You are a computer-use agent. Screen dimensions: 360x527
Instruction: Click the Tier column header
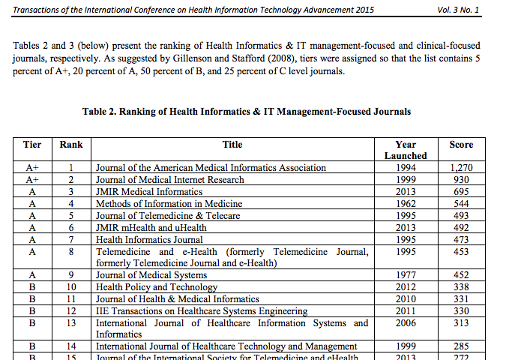coord(32,145)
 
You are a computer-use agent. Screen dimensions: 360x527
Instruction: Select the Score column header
coord(461,145)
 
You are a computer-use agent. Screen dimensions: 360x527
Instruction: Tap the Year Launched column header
coord(406,150)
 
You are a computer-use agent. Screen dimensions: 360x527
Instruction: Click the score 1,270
coord(461,168)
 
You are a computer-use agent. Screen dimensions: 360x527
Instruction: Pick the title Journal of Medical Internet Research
coord(170,180)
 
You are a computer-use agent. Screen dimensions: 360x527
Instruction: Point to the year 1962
coord(406,204)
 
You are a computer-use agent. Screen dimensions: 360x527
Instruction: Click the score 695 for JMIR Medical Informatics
coord(461,192)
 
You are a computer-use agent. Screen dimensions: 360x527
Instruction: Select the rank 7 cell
coord(71,239)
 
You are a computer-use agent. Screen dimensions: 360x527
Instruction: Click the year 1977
coord(406,275)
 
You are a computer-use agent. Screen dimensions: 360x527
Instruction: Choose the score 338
coord(461,287)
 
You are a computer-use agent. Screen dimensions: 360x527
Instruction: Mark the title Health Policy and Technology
coord(157,287)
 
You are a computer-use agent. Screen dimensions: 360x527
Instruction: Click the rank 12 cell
coord(71,311)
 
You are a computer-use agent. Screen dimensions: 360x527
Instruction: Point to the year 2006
coord(406,323)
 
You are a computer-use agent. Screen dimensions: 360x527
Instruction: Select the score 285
coord(461,346)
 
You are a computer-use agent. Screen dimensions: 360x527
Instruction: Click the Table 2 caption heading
coord(247,112)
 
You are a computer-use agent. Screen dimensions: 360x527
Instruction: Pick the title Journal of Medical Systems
coord(151,275)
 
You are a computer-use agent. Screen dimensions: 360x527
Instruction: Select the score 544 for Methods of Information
coord(461,204)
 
